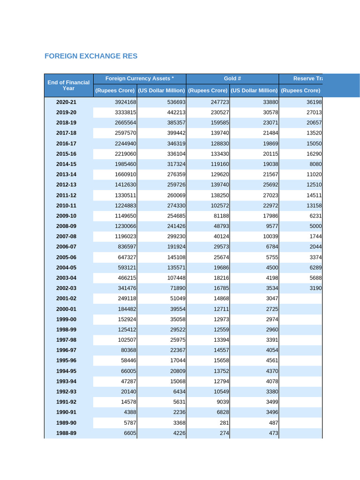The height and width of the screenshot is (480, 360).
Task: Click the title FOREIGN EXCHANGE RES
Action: pos(91,56)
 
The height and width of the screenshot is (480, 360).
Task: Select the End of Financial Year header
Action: pos(68,85)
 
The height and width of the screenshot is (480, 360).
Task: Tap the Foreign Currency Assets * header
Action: pos(139,79)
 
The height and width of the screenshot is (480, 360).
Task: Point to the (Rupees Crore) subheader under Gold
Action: pos(208,90)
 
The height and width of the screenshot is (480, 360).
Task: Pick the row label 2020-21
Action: pos(66,102)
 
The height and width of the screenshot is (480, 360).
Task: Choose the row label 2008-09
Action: pos(66,226)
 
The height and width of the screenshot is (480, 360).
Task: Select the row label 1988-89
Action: pos(66,434)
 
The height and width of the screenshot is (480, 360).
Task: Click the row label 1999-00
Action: pos(66,319)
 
